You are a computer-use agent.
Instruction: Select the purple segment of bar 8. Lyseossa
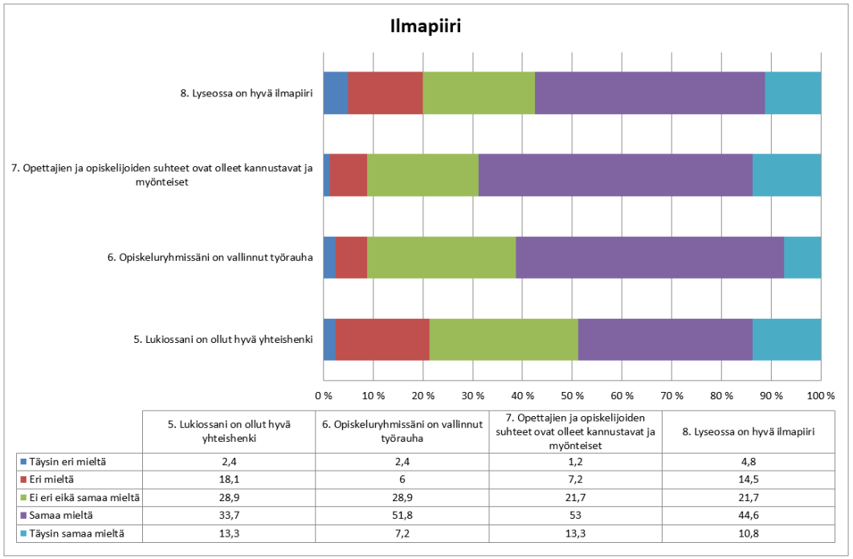[x=649, y=92]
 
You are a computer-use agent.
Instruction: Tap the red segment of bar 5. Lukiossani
[x=382, y=339]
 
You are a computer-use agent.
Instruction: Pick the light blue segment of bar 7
[x=786, y=174]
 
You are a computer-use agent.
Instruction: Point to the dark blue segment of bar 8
[x=336, y=92]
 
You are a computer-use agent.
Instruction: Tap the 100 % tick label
[x=820, y=395]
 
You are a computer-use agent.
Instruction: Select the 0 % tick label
[x=324, y=395]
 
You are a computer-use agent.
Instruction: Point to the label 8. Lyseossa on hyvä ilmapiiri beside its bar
[x=246, y=93]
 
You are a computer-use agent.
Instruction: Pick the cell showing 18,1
[x=228, y=479]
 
